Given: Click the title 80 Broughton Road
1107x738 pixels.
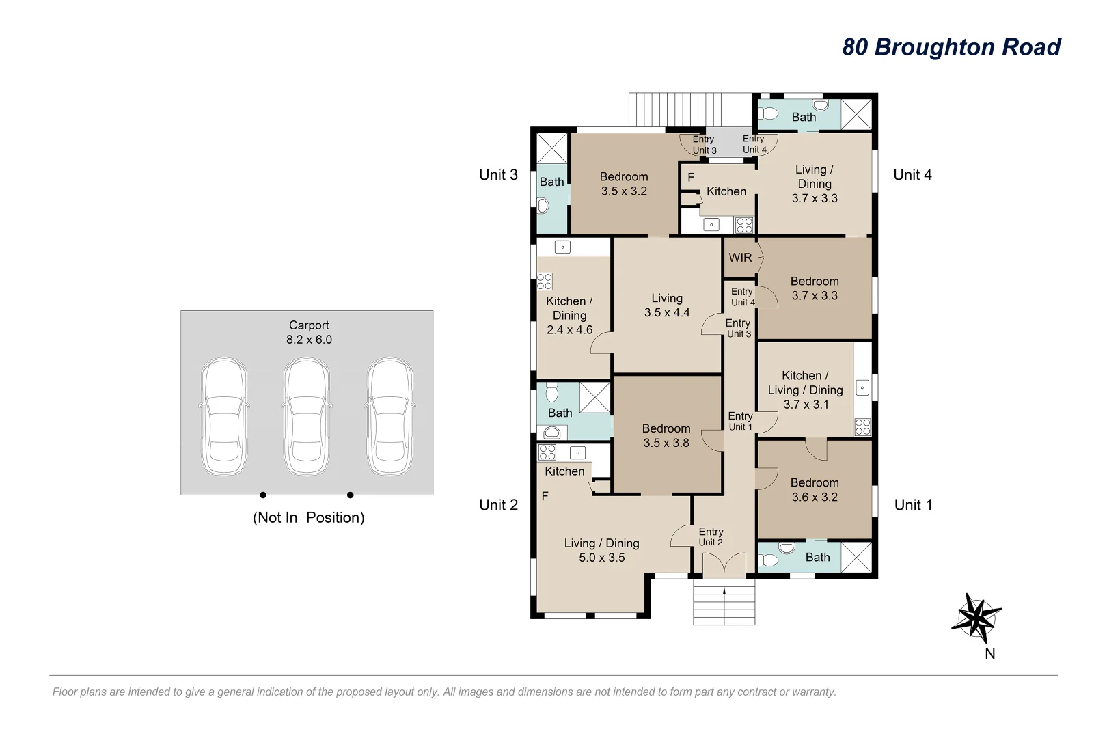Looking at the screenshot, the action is tap(951, 47).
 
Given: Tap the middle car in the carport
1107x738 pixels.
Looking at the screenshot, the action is tap(307, 416).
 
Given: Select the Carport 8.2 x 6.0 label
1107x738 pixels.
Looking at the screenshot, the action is tap(309, 332).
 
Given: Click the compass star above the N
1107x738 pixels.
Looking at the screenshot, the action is tap(976, 618).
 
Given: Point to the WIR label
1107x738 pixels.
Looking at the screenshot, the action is tap(740, 258).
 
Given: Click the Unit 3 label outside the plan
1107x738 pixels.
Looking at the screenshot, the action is tap(498, 174).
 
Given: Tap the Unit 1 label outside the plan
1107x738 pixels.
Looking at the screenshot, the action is tap(913, 505).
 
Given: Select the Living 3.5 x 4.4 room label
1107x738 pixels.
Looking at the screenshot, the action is tap(667, 305).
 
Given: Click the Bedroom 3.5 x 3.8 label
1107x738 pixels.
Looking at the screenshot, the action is tap(666, 435).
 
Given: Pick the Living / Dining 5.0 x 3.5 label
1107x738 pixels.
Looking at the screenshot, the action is tap(602, 550).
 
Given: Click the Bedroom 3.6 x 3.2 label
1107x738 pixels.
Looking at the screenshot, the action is tap(815, 489).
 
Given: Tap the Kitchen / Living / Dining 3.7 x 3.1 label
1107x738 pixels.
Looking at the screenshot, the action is tap(805, 389).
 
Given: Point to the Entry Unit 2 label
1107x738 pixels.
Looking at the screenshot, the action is tap(711, 536).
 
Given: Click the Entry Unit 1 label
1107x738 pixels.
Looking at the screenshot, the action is tap(740, 421).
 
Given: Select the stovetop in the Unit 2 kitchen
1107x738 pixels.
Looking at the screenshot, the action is tap(547, 452).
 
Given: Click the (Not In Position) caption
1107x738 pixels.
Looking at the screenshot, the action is tap(308, 517).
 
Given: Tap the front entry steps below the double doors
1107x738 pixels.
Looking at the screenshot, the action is tap(724, 601).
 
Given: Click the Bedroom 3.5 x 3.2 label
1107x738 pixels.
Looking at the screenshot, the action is tap(624, 184).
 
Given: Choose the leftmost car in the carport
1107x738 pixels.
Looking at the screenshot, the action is tap(224, 416).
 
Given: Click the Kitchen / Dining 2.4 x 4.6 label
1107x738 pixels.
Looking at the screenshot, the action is tap(569, 316).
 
